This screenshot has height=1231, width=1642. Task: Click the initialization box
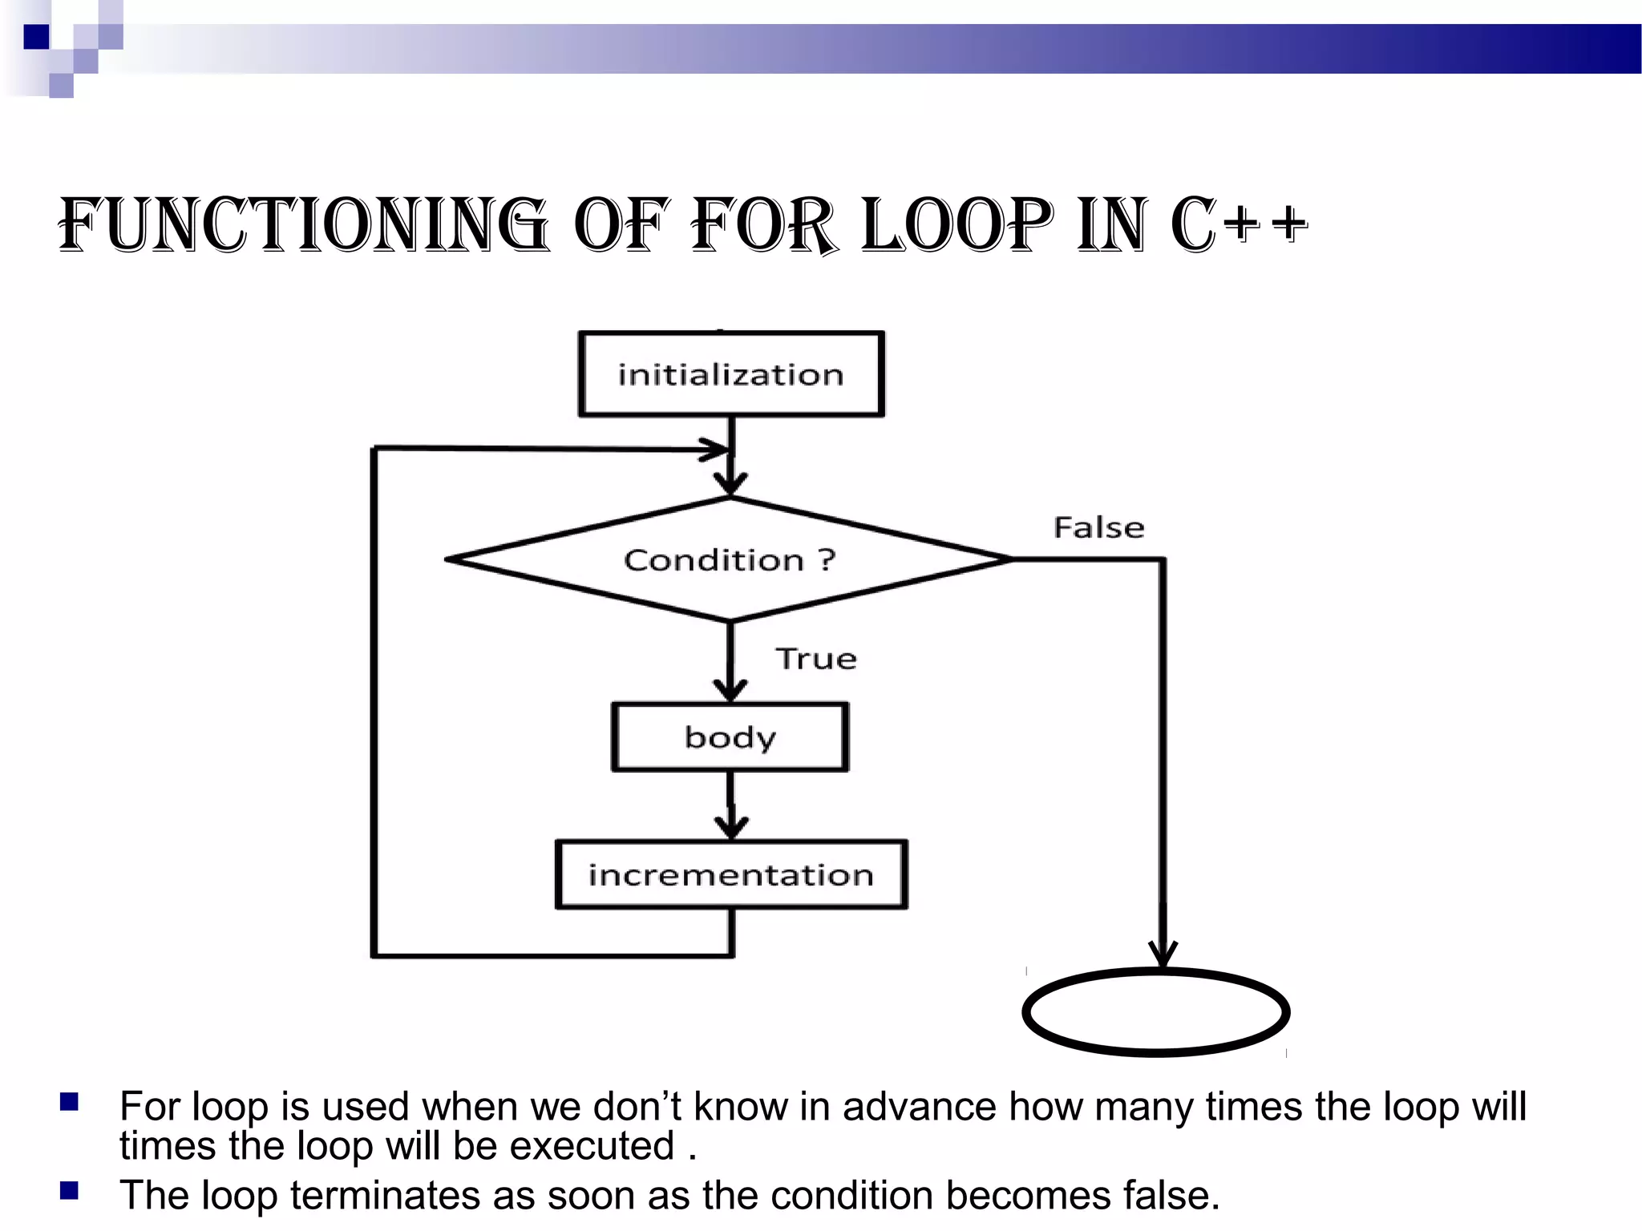tap(731, 374)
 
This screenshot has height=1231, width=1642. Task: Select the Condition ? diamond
tap(730, 559)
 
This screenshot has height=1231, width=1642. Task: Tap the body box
tap(730, 737)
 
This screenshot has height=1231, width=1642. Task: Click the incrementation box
tap(731, 874)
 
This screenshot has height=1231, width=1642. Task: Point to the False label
tap(1098, 527)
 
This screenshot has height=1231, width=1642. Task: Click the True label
tap(816, 659)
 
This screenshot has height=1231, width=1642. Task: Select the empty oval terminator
tap(1155, 1012)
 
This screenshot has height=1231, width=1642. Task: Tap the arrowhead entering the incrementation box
tap(731, 828)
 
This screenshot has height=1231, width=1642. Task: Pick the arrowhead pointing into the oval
tap(1163, 955)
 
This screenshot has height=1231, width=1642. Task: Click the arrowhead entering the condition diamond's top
tap(730, 484)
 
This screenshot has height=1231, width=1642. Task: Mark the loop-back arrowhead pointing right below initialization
tap(716, 450)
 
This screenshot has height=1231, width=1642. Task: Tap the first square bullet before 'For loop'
tap(69, 1103)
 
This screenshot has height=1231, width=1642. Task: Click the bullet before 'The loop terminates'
tap(69, 1191)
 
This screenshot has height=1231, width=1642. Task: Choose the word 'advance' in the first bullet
tap(920, 1107)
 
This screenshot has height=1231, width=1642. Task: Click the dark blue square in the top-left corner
tap(36, 37)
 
